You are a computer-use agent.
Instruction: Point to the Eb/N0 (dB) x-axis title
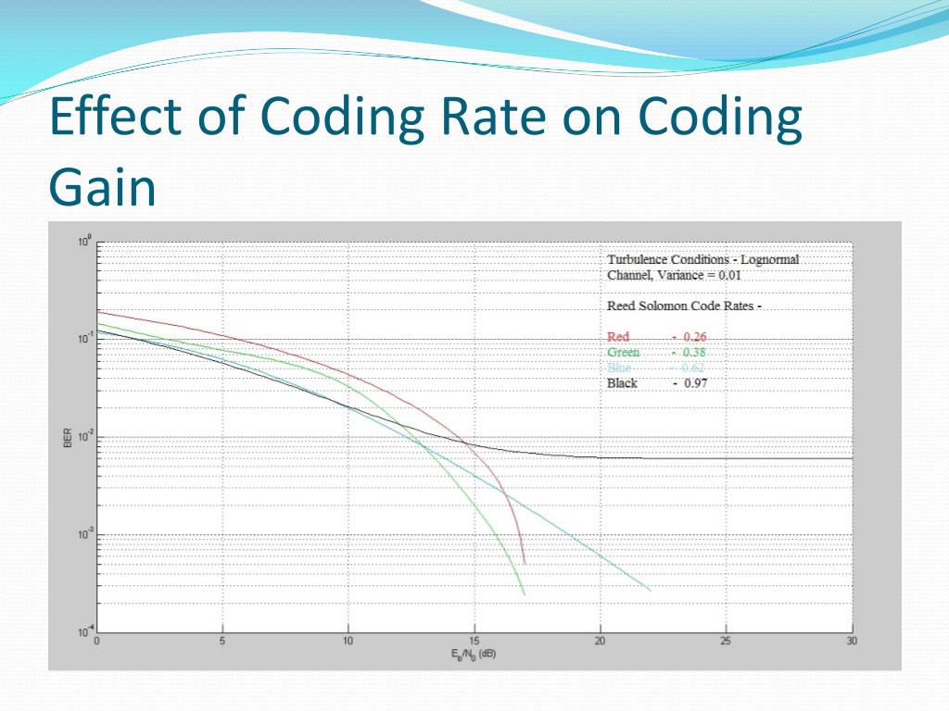(474, 655)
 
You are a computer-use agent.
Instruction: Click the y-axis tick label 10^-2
(83, 436)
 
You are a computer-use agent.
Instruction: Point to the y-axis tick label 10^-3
(83, 534)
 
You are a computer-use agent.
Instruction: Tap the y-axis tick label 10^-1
(83, 338)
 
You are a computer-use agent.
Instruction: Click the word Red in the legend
(618, 337)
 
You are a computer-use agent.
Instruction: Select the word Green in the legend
(624, 353)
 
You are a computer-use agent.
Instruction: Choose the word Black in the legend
(622, 383)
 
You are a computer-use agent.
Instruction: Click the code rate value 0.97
(695, 383)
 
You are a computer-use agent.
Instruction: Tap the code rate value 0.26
(695, 337)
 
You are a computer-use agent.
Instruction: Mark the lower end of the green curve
(525, 594)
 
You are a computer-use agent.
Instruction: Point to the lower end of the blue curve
(650, 591)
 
